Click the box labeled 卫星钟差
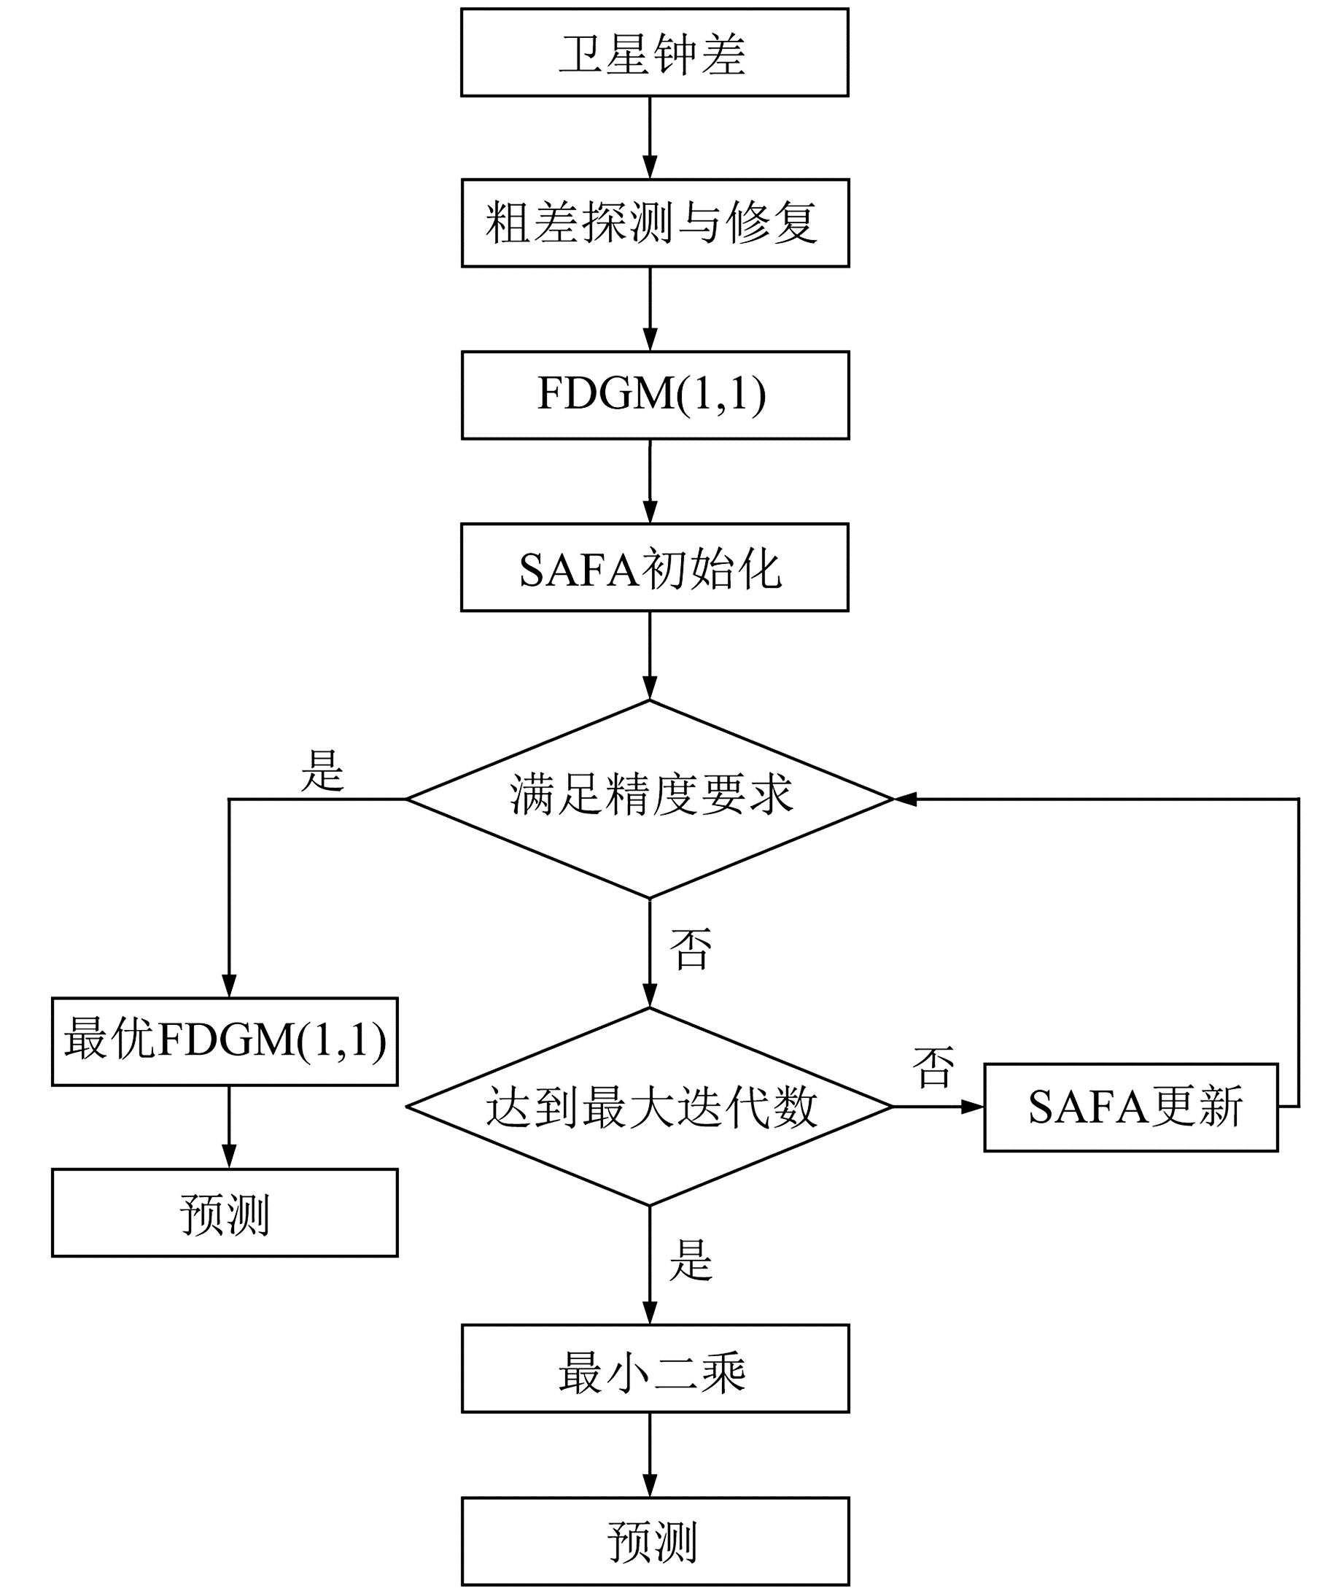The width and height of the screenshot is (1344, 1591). coord(654,53)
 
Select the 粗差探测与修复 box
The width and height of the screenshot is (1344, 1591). coord(654,223)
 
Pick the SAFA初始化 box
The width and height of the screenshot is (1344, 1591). coord(654,568)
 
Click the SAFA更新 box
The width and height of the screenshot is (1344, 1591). coord(1130,1107)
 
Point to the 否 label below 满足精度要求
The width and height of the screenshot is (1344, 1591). coord(691,948)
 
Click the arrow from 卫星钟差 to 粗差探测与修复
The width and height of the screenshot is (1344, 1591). coord(650,138)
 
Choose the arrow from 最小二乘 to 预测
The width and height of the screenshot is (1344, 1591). coord(650,1455)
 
